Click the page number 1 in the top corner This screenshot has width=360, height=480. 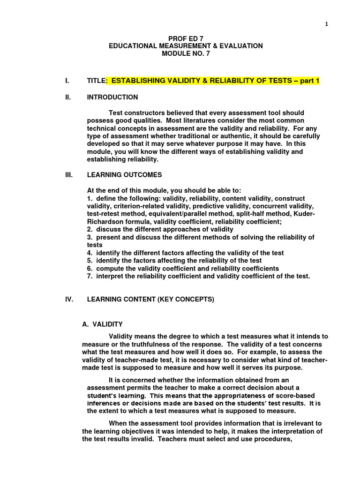tap(327, 24)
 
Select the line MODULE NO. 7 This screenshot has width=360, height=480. tap(186, 53)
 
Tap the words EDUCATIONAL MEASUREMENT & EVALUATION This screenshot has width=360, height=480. tap(186, 46)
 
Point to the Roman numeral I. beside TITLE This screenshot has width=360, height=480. tap(67, 81)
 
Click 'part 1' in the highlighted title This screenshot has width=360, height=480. tap(310, 81)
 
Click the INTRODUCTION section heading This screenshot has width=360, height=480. tap(112, 97)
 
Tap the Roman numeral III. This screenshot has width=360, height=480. tap(68, 175)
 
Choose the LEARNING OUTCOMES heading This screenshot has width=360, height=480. tap(124, 175)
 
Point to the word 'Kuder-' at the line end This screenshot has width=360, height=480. tap(305, 214)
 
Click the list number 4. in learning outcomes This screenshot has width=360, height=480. tap(90, 253)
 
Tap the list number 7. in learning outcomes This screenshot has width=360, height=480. tap(90, 276)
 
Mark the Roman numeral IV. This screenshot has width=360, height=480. tap(69, 300)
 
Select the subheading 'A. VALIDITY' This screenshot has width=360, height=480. tap(102, 324)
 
